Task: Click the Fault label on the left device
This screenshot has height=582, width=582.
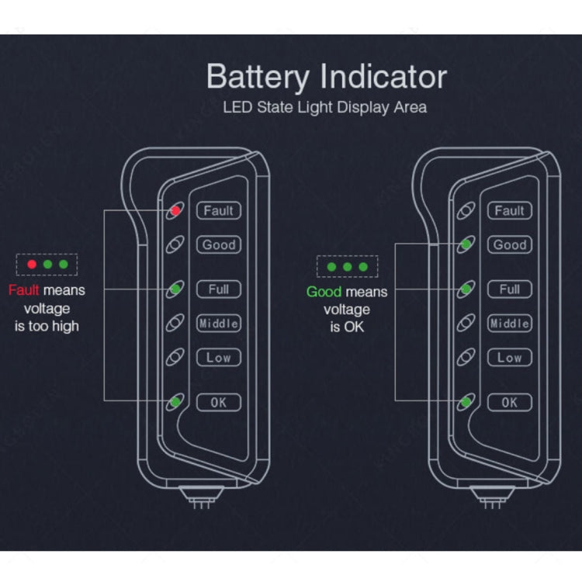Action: click(219, 210)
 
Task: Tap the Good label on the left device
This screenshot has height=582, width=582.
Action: click(219, 244)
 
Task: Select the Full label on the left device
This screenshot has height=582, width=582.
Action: click(219, 289)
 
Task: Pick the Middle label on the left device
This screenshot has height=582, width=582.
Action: click(219, 324)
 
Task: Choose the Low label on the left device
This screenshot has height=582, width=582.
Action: click(219, 358)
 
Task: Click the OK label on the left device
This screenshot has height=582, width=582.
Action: click(219, 402)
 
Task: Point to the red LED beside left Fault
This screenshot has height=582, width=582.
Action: click(175, 210)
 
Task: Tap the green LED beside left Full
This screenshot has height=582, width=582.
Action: click(175, 289)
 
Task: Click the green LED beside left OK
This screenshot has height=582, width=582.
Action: click(175, 402)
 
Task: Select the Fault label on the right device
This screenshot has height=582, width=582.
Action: click(509, 210)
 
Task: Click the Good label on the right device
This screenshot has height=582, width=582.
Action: click(509, 244)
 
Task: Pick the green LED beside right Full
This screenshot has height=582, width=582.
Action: click(466, 289)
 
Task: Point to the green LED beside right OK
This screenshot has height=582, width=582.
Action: click(466, 402)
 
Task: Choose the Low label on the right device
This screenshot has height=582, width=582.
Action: click(509, 358)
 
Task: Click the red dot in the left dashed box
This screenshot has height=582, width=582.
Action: click(32, 265)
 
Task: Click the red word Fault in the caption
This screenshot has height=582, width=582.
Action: click(23, 290)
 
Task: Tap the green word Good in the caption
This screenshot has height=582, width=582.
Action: click(324, 292)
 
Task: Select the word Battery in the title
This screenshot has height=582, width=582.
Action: click(260, 78)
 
